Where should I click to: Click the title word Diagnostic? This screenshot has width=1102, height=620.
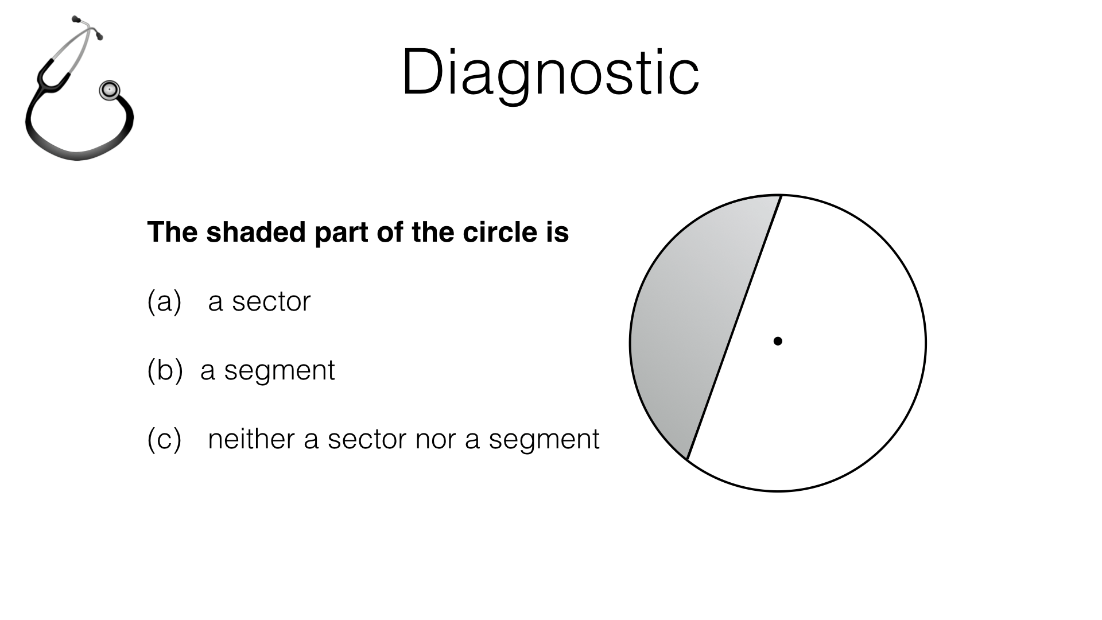coord(550,73)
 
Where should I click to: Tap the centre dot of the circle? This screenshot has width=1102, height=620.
coord(778,341)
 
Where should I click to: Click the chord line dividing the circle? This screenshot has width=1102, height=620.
coord(734,327)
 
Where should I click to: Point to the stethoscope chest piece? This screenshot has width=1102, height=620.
coord(109,90)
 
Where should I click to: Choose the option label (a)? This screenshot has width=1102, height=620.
coord(164,301)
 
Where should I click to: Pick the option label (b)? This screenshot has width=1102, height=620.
coord(164,370)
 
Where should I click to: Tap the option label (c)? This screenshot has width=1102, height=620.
coord(164,439)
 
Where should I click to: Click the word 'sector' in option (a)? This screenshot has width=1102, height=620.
coord(271,302)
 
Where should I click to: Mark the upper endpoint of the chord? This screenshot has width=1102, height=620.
coord(781,196)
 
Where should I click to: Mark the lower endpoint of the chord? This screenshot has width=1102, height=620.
coord(687,459)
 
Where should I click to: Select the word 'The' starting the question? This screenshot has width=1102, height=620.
coord(172,232)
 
